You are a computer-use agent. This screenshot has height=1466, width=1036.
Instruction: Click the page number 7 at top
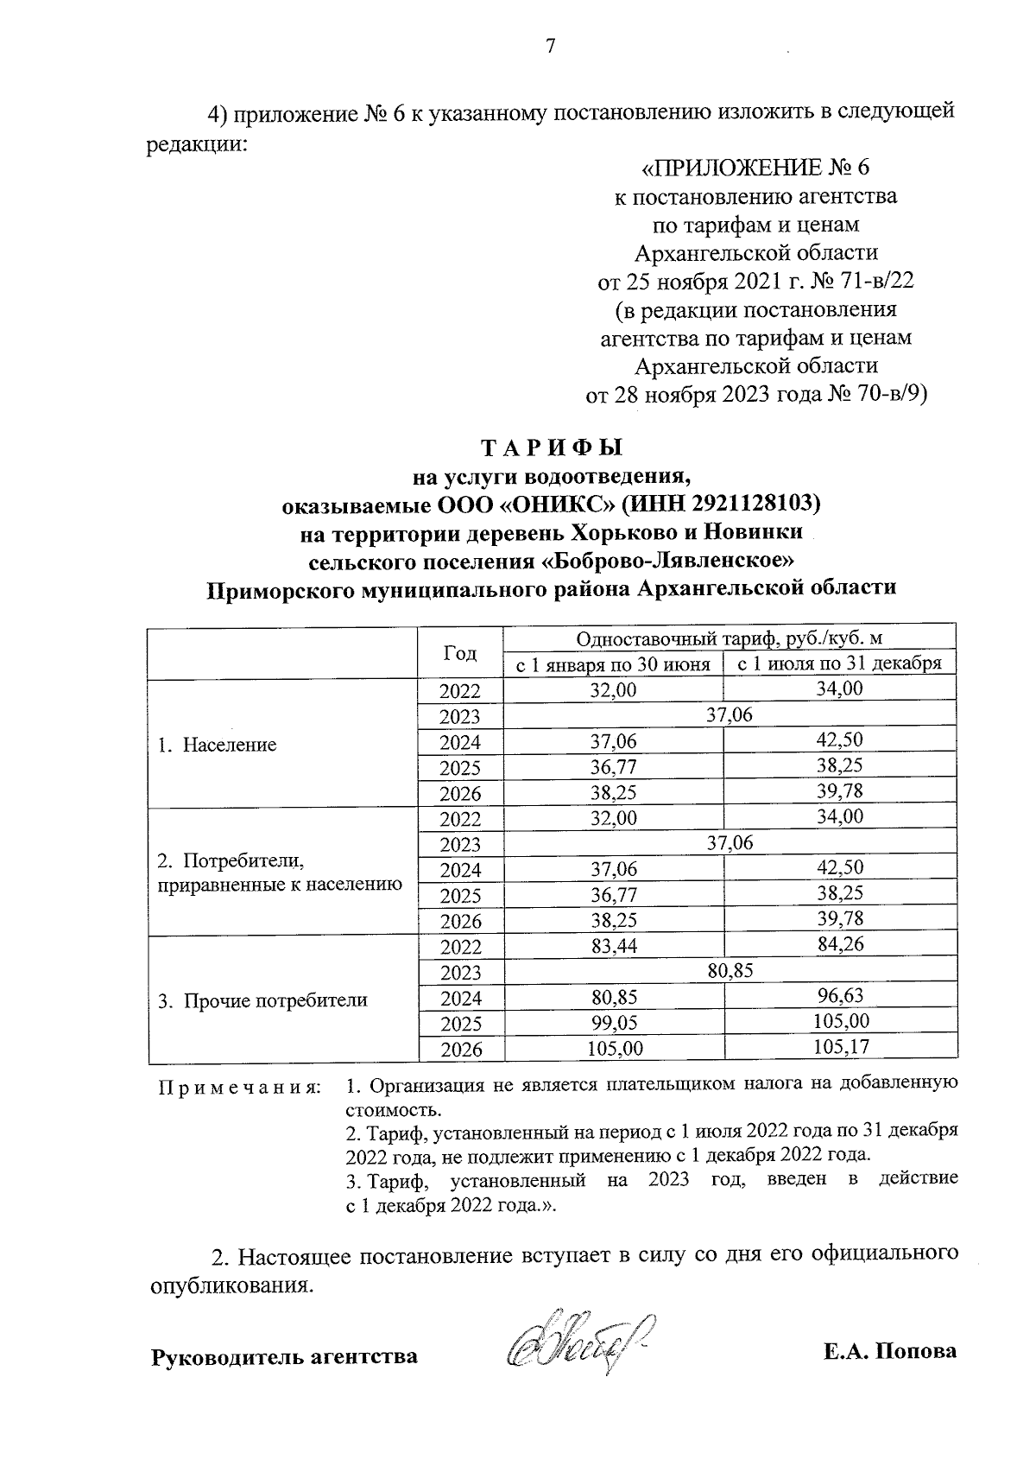(x=550, y=47)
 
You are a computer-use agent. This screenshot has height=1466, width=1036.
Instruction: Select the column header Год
(x=460, y=653)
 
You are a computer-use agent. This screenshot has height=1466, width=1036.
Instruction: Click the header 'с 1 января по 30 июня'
(x=613, y=664)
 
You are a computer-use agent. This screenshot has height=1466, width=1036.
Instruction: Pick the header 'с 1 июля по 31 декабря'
(x=838, y=664)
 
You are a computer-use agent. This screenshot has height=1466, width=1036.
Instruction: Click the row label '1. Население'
(x=217, y=745)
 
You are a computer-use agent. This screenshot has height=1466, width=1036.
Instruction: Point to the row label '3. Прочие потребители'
(x=262, y=1000)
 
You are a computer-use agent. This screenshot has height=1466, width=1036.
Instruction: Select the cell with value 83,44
(x=613, y=947)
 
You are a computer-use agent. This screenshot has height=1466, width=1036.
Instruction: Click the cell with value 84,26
(x=838, y=944)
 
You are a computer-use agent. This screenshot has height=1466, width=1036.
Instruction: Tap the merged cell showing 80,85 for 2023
(x=730, y=971)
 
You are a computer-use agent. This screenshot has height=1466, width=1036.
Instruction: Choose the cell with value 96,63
(x=838, y=996)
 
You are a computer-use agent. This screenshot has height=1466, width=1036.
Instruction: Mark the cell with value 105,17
(x=838, y=1047)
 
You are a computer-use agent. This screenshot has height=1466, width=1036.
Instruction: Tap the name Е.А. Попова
(x=889, y=1352)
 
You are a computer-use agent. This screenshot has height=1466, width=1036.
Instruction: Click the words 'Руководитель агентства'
(x=284, y=1356)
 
